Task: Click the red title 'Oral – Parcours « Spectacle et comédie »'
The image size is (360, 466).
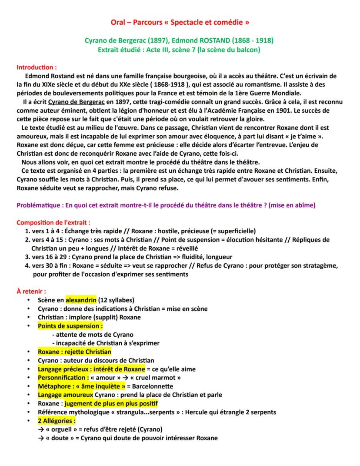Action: point(180,21)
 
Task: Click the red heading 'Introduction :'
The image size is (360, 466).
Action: point(37,67)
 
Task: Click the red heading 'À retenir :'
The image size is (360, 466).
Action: point(31,291)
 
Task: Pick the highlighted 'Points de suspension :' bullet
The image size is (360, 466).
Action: point(70,325)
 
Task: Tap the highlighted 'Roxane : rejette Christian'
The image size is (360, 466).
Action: point(74,352)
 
